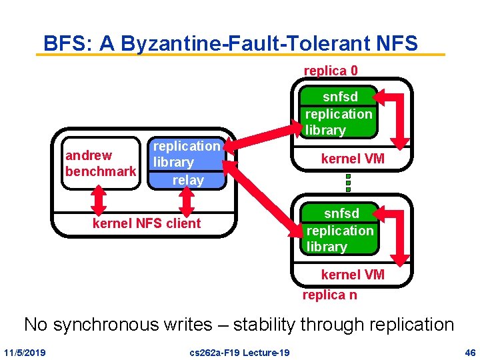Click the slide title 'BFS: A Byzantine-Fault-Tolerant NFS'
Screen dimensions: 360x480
[231, 43]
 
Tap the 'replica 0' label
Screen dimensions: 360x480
[331, 70]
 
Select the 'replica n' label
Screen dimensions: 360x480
[329, 294]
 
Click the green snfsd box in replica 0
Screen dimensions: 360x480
[339, 112]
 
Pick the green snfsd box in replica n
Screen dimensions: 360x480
[340, 229]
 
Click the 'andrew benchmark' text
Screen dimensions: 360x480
[100, 163]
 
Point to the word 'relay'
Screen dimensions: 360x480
[187, 179]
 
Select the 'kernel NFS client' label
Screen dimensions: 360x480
[147, 223]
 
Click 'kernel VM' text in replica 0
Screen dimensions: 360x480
[353, 159]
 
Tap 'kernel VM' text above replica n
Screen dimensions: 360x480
[353, 275]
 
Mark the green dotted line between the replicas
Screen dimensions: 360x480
[347, 182]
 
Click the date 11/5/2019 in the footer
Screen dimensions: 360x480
[25, 352]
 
